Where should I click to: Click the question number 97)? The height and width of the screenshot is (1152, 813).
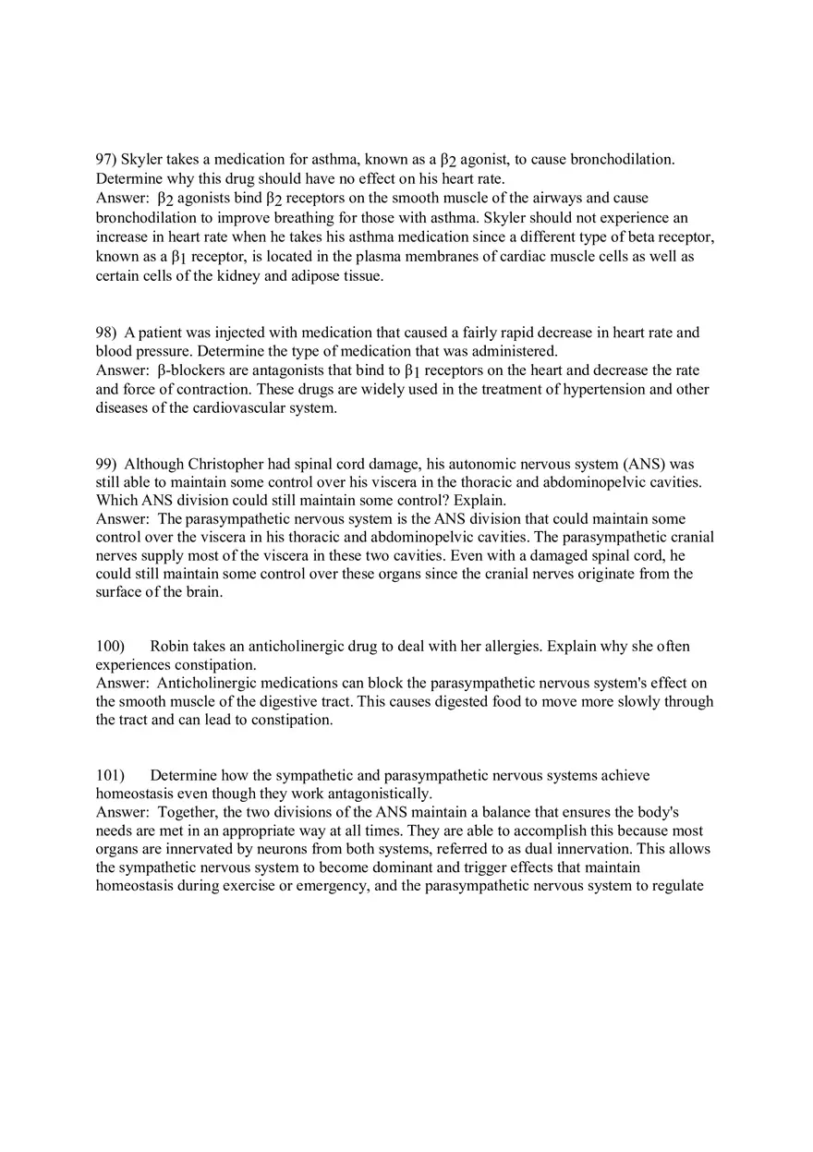click(106, 160)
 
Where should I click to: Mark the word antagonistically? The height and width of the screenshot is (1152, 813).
click(375, 794)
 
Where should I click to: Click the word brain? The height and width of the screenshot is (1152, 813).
click(204, 592)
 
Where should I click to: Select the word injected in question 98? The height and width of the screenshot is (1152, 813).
click(234, 333)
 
